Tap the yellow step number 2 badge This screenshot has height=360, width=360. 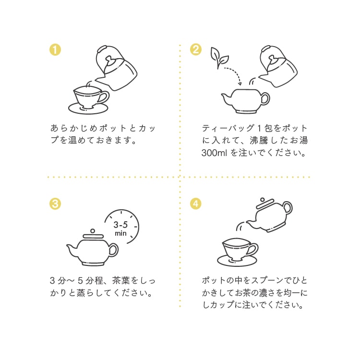(195, 49)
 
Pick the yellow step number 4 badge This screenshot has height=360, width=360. (195, 204)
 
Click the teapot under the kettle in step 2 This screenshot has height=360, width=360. (244, 100)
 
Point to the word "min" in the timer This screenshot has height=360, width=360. (120, 234)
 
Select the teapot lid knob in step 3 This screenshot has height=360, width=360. (92, 231)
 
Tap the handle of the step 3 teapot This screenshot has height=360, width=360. (113, 249)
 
